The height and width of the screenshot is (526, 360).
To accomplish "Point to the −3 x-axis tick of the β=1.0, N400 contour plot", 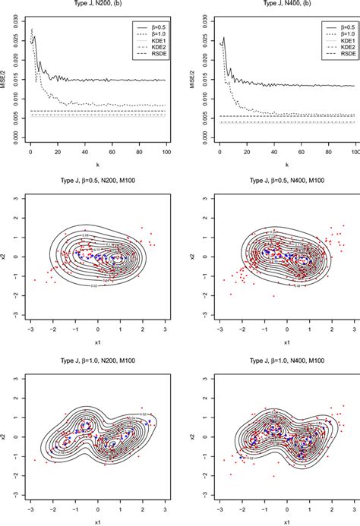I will (219, 508).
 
